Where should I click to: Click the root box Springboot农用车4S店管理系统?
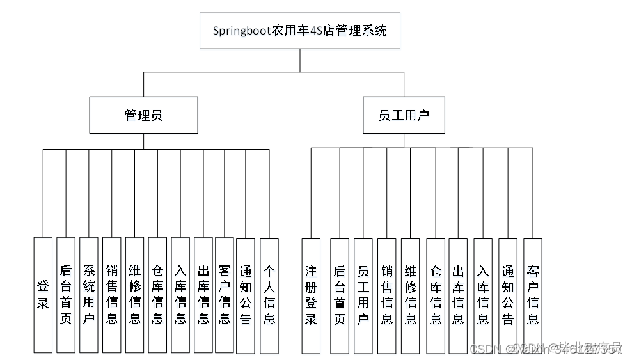[x=299, y=31]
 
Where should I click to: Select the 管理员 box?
[x=143, y=115]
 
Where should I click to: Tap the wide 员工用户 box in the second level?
[x=404, y=115]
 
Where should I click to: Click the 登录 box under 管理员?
[x=43, y=295]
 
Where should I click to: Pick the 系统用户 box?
[x=89, y=295]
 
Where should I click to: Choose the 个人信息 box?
[x=269, y=295]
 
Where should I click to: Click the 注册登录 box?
[x=311, y=295]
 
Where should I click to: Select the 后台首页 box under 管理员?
[x=66, y=295]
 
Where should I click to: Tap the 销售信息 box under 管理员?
[x=112, y=295]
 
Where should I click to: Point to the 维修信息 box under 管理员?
[x=135, y=295]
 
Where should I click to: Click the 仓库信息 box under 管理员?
[x=157, y=295]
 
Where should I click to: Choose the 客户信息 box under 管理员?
[x=224, y=295]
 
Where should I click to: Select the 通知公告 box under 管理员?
[x=246, y=295]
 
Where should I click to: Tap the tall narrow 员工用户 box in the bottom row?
[x=363, y=295]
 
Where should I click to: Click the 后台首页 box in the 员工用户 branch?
[x=340, y=295]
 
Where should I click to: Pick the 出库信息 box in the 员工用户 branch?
[x=458, y=295]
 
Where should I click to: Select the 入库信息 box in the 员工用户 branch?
[x=483, y=295]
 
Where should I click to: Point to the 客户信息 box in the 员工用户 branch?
[x=532, y=295]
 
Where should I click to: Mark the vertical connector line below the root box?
[x=300, y=61]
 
